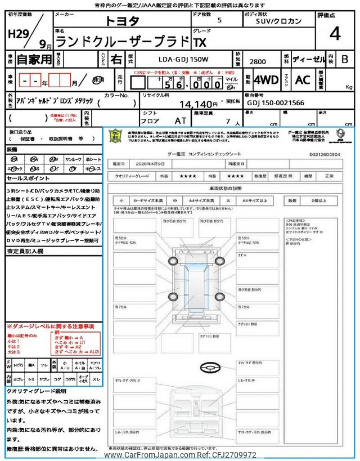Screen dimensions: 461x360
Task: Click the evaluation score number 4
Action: [335, 34]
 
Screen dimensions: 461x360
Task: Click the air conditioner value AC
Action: [303, 80]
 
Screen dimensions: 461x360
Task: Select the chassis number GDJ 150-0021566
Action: [276, 103]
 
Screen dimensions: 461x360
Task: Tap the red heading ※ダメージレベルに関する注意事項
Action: [50, 326]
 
